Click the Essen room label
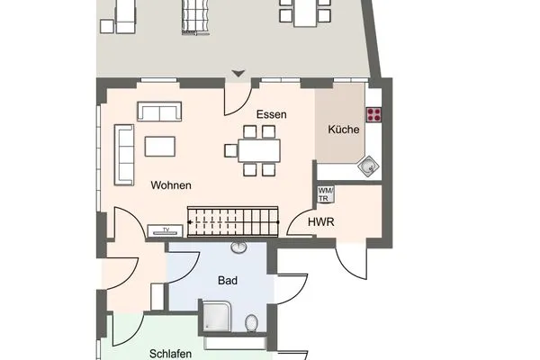[271, 114]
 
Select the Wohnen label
[170, 185]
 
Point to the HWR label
[321, 220]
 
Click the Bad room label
[228, 281]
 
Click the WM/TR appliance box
[325, 193]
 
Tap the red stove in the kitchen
[373, 114]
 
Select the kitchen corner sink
[369, 166]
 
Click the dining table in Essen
[259, 149]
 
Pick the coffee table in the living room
[162, 145]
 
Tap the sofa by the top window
[159, 112]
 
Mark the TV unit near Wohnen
[164, 230]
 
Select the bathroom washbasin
[239, 248]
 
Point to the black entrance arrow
[238, 74]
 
